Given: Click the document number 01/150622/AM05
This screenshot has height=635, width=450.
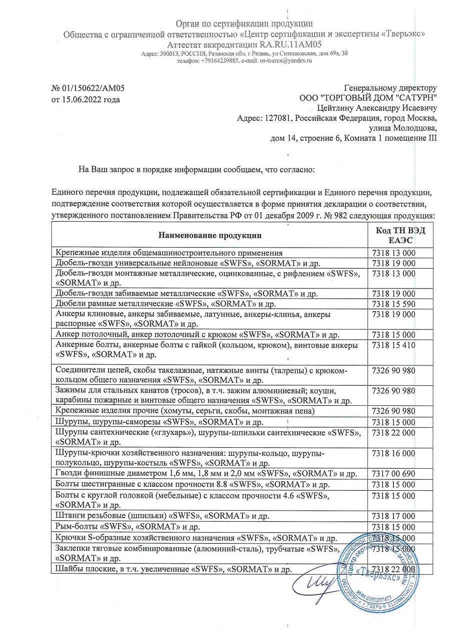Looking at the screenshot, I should (93, 89).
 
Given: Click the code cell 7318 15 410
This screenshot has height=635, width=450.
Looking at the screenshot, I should (394, 345).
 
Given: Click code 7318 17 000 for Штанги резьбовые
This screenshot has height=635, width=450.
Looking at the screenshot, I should (394, 516).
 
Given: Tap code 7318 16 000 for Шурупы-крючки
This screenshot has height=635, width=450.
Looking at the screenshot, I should (394, 453).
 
